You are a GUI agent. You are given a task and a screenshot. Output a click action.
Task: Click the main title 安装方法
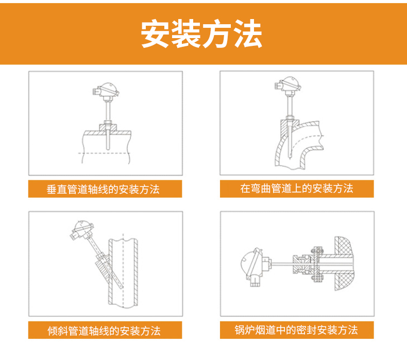202,35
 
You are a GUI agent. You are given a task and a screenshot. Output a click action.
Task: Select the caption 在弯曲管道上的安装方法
297,188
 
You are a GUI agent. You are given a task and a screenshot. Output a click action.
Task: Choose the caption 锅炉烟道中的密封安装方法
296,330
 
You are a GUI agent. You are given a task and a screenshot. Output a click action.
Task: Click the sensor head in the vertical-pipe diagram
106,91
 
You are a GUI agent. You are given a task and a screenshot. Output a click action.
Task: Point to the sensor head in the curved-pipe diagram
288,84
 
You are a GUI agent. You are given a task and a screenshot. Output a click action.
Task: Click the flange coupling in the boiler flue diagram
315,265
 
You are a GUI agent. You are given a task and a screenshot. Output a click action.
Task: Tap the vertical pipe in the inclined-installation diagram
123,273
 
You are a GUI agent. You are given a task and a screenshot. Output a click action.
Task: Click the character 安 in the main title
157,35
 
